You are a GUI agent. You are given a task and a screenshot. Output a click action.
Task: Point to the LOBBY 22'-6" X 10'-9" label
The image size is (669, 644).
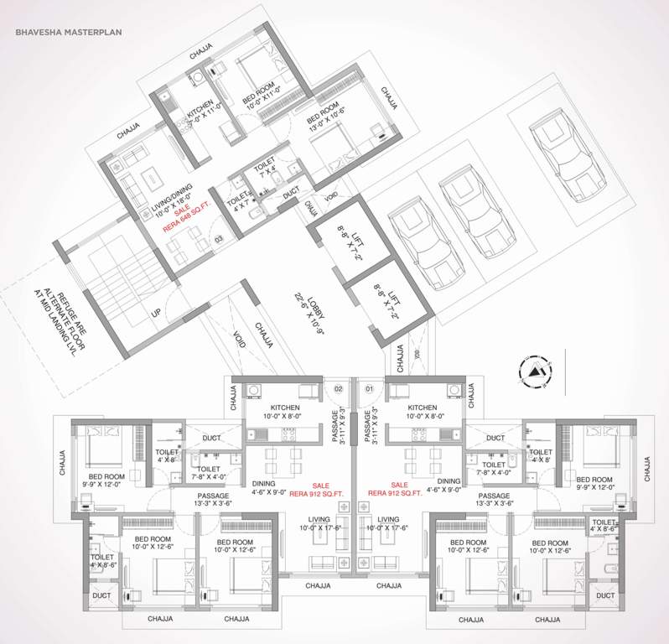pyautogui.click(x=303, y=307)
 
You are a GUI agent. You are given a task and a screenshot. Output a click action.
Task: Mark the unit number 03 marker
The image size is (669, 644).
pyautogui.click(x=219, y=241)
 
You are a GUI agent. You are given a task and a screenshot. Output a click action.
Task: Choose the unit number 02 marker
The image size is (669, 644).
pyautogui.click(x=339, y=388)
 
